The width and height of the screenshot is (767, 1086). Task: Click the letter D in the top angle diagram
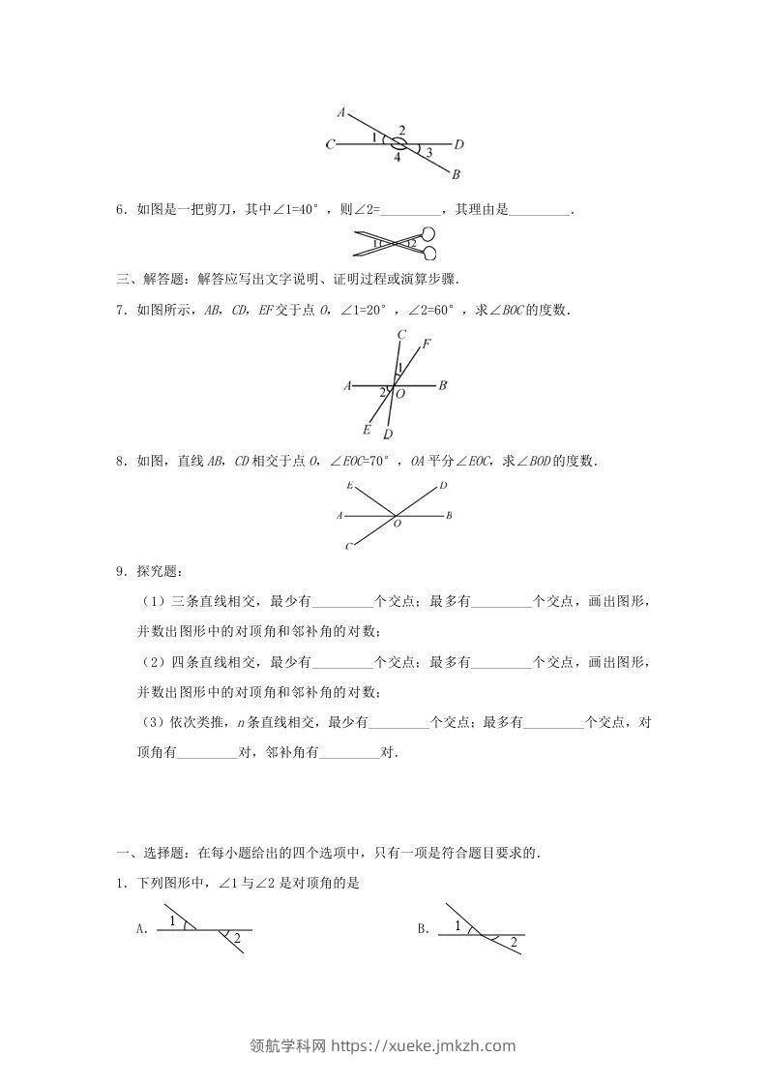coord(459,145)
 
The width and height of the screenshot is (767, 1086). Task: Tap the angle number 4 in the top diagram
coord(397,158)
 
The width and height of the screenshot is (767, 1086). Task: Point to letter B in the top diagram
coord(456,174)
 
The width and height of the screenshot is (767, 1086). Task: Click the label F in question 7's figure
coord(427,344)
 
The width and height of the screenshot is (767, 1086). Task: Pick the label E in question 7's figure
coord(367,429)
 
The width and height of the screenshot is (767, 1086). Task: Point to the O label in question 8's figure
coord(396,524)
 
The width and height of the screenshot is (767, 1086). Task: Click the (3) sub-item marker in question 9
coord(152,722)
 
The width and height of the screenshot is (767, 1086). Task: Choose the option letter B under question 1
coord(423,929)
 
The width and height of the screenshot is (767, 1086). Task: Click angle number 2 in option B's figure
coord(514,942)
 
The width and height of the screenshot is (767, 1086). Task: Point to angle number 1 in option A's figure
coord(173,920)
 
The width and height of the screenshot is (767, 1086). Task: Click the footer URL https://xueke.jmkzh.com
coord(424,1045)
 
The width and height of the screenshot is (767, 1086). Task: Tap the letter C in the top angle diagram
coord(331,145)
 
